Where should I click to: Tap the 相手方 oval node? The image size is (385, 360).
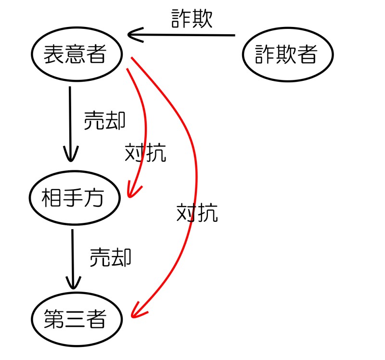tap(74, 198)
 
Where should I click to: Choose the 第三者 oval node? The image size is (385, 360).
tap(75, 319)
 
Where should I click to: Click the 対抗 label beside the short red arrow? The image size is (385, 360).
tap(145, 153)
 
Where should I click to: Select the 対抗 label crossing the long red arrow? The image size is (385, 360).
tap(197, 212)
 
